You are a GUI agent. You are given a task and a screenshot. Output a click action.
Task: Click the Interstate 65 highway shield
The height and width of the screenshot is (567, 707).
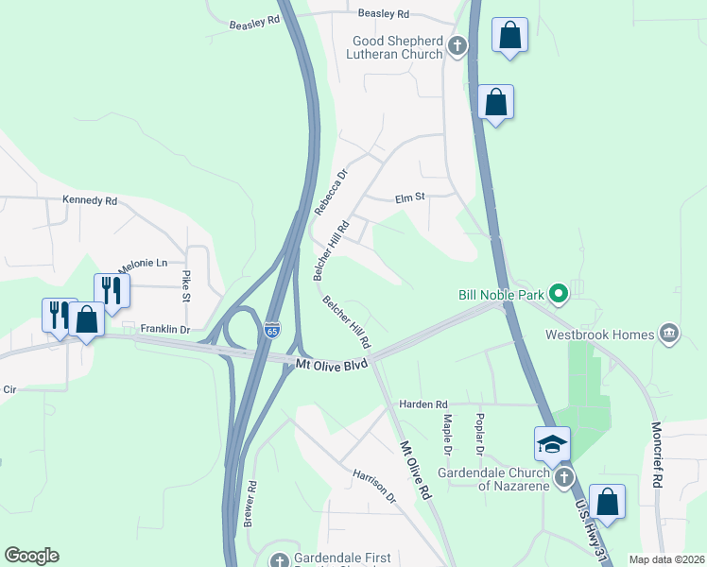point(272,329)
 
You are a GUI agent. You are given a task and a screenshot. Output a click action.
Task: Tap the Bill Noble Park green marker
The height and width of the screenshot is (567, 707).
point(558,295)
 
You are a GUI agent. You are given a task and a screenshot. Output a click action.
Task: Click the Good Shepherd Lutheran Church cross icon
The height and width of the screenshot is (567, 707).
point(457,45)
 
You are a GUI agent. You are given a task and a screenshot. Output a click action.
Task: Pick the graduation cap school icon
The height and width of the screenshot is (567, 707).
point(552,443)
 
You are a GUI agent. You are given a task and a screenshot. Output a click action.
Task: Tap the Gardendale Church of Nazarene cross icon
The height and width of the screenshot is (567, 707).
point(563,476)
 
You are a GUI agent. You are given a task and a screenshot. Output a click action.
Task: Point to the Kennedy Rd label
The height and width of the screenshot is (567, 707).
point(89,200)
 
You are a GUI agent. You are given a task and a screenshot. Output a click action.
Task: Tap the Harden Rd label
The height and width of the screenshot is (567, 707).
point(422,404)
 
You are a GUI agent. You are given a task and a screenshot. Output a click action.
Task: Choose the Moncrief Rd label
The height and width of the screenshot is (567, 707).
point(656,454)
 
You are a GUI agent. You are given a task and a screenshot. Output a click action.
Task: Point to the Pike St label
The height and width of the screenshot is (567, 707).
point(186,285)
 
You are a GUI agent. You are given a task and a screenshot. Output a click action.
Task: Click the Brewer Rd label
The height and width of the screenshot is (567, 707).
point(250,505)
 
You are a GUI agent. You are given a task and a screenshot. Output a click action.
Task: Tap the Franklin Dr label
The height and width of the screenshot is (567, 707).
point(165,329)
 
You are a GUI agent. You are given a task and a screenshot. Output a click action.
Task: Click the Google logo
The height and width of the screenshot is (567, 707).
point(31,556)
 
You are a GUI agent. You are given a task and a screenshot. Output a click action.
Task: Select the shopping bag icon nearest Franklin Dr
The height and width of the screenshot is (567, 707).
point(86,320)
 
